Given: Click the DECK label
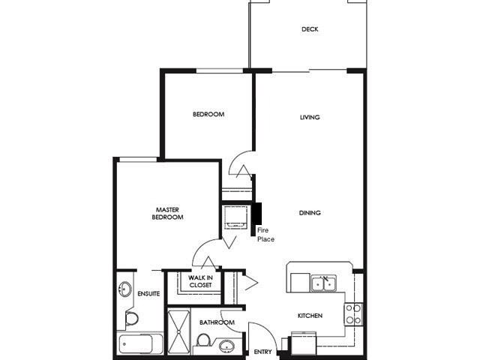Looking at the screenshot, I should coord(310,29).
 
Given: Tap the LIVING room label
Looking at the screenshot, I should coord(310,117).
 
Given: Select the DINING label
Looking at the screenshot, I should coord(310,213).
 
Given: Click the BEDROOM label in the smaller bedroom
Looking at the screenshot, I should coord(208,114).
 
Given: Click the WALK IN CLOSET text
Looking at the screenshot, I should coord(200,281).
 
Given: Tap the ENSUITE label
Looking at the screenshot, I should coord(148,293).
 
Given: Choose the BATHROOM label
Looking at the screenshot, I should coord(217,322).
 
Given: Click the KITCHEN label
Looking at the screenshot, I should coord(310,316).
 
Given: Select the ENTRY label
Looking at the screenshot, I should coord(262,352).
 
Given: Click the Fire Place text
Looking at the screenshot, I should coord(265,234).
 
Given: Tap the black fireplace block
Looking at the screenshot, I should coord(256,220).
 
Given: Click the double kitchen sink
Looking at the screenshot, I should coord(323,283).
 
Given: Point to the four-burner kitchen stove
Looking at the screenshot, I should coord(353,313).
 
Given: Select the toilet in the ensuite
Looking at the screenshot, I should coord(130,318).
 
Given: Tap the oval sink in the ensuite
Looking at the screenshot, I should coord(125,289).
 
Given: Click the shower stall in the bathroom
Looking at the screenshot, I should coord(178,330).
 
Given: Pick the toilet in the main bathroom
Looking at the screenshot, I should coord(202,342).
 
